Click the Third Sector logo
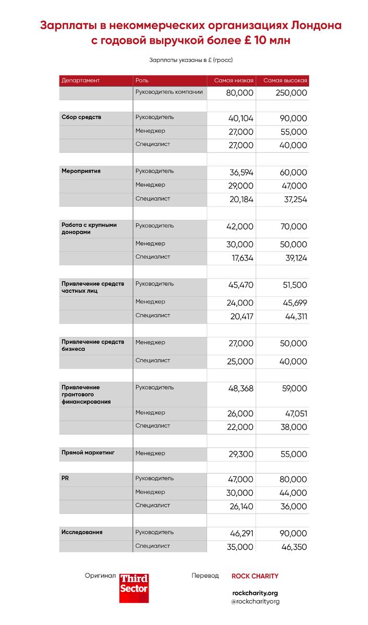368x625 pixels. pyautogui.click(x=134, y=588)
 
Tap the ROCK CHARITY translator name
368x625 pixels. pyautogui.click(x=255, y=576)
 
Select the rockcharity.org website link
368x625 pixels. pyautogui.click(x=255, y=593)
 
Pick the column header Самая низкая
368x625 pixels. pyautogui.click(x=234, y=81)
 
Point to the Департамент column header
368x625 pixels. pyautogui.click(x=81, y=81)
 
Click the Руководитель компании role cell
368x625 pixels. pyautogui.click(x=169, y=92)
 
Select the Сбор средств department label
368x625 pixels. pyautogui.click(x=81, y=117)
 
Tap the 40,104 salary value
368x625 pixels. pyautogui.click(x=241, y=119)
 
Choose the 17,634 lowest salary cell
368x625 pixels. pyautogui.click(x=241, y=258)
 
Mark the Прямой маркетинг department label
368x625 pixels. pyautogui.click(x=88, y=453)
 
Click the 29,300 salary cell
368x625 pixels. pyautogui.click(x=241, y=454)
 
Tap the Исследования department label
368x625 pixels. pyautogui.click(x=82, y=532)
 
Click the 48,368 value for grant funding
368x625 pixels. pyautogui.click(x=241, y=389)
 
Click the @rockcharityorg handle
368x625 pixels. pyautogui.click(x=255, y=602)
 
